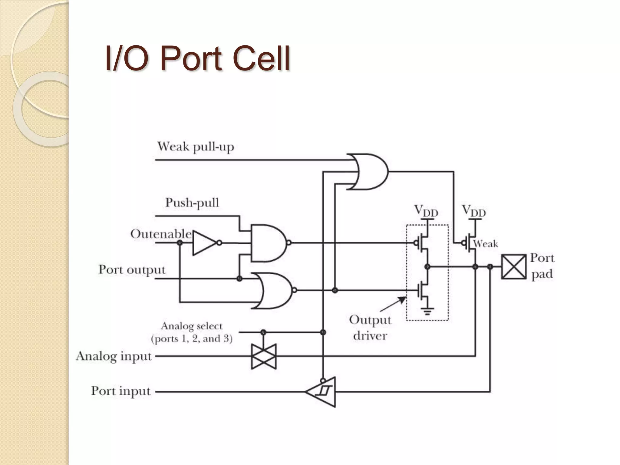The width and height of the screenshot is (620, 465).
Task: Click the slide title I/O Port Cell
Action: [x=197, y=58]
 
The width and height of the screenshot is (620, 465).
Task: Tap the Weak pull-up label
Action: [x=196, y=147]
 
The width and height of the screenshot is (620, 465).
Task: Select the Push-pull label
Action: [x=192, y=203]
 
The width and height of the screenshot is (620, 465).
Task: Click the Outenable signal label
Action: [x=161, y=234]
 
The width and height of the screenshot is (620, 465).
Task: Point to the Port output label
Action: [x=132, y=269]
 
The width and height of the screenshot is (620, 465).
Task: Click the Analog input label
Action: [x=114, y=356]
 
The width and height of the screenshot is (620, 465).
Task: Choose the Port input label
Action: [x=121, y=391]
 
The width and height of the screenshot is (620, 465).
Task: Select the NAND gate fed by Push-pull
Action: [x=268, y=243]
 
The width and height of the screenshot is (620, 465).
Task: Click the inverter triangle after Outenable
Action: [x=204, y=243]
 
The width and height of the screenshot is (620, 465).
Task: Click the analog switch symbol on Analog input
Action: [x=264, y=356]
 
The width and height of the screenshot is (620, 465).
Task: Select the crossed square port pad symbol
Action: [x=513, y=267]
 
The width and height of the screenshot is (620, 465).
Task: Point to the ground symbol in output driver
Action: [x=427, y=311]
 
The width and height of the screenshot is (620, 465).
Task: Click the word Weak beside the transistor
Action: [x=486, y=244]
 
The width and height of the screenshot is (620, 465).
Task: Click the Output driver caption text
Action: [x=370, y=328]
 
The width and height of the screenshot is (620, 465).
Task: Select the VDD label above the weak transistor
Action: [x=474, y=211]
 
